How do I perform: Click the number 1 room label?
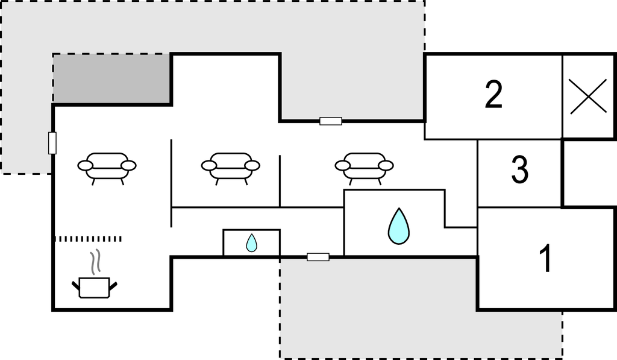click(x=546, y=258)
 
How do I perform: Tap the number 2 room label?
click(x=493, y=94)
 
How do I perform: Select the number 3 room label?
click(x=519, y=169)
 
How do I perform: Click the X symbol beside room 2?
click(x=588, y=96)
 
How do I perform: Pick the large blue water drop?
click(x=399, y=226)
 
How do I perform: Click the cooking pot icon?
click(x=95, y=288)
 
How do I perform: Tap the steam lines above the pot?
click(x=96, y=262)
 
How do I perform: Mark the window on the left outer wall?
click(x=52, y=143)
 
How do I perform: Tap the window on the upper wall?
click(x=331, y=121)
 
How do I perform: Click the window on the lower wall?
click(x=318, y=257)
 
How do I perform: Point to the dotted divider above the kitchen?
click(x=87, y=239)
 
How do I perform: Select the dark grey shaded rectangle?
click(x=112, y=79)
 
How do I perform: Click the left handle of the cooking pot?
click(x=75, y=285)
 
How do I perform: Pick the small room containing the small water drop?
click(x=251, y=242)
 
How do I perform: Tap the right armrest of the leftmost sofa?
click(x=128, y=165)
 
